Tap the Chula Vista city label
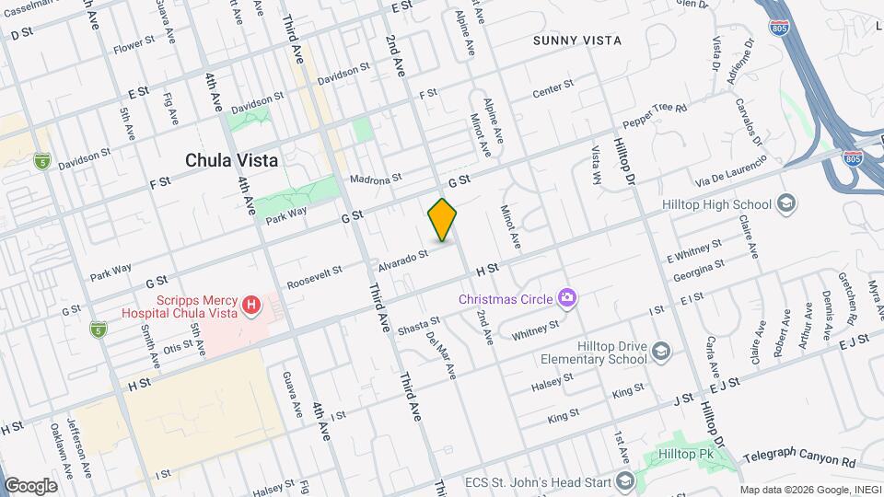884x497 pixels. [x=231, y=160]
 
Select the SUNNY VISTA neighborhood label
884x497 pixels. [x=577, y=40]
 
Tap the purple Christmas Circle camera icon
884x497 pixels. [x=567, y=297]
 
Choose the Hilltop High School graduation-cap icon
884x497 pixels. [x=786, y=203]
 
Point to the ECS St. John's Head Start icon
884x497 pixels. [x=625, y=481]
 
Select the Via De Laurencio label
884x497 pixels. [x=731, y=170]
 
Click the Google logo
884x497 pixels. [x=30, y=485]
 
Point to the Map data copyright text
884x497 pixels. [x=809, y=490]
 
